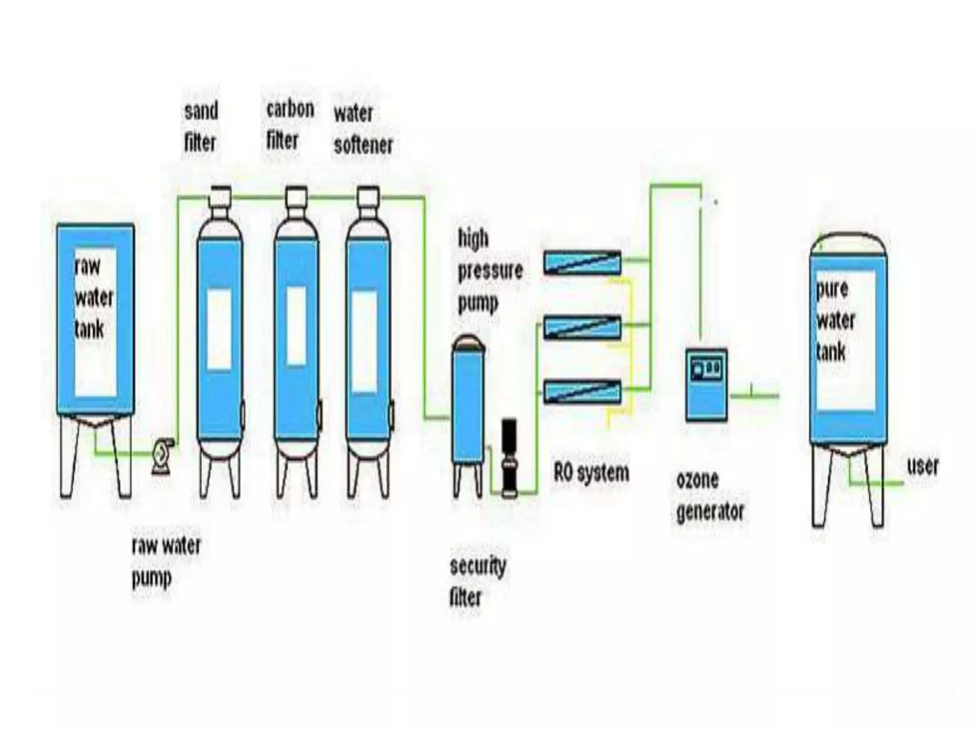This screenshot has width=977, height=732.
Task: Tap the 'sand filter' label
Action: pyautogui.click(x=200, y=127)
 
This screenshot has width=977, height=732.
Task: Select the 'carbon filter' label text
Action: pyautogui.click(x=289, y=125)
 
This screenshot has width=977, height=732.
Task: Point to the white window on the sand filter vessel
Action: pyautogui.click(x=219, y=329)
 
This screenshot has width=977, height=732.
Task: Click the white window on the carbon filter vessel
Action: pyautogui.click(x=296, y=326)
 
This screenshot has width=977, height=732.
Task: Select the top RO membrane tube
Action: pyautogui.click(x=582, y=262)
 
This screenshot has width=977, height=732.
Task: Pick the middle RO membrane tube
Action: pyautogui.click(x=582, y=327)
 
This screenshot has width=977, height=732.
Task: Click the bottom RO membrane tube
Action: pyautogui.click(x=582, y=392)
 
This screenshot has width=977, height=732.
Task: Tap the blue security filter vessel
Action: pyautogui.click(x=469, y=405)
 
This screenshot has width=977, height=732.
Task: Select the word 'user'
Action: pyautogui.click(x=923, y=466)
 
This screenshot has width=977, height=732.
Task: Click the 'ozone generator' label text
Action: pyautogui.click(x=709, y=496)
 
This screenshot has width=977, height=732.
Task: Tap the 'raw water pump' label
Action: pyautogui.click(x=165, y=561)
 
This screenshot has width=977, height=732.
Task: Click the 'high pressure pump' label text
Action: pyautogui.click(x=488, y=271)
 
